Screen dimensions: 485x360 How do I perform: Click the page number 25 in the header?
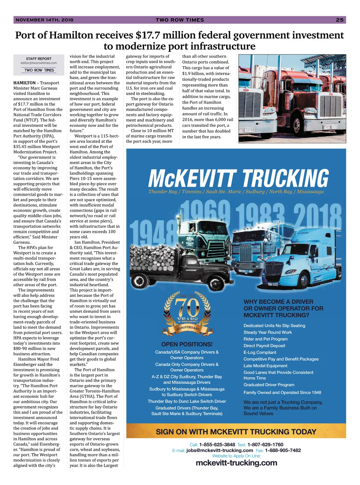(340, 20)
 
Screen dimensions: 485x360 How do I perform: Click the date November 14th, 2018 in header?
(44, 20)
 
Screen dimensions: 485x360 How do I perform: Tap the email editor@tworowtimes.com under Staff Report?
(39, 63)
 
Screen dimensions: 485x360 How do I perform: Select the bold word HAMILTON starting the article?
(24, 83)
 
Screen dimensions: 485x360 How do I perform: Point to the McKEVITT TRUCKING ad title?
(238, 179)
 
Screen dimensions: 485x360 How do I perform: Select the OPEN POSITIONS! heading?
(187, 344)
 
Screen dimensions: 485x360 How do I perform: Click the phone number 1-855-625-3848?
(217, 445)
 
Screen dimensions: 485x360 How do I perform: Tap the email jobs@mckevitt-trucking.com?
(220, 450)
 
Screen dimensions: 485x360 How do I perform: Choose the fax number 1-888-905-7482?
(283, 450)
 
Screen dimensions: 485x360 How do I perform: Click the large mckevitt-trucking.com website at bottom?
(236, 463)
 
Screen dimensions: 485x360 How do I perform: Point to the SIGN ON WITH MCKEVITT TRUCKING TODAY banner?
(236, 432)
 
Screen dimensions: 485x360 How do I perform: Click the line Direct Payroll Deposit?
(264, 346)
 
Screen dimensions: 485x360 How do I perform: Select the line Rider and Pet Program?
(265, 339)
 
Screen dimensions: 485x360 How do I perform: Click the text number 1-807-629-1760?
(265, 445)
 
